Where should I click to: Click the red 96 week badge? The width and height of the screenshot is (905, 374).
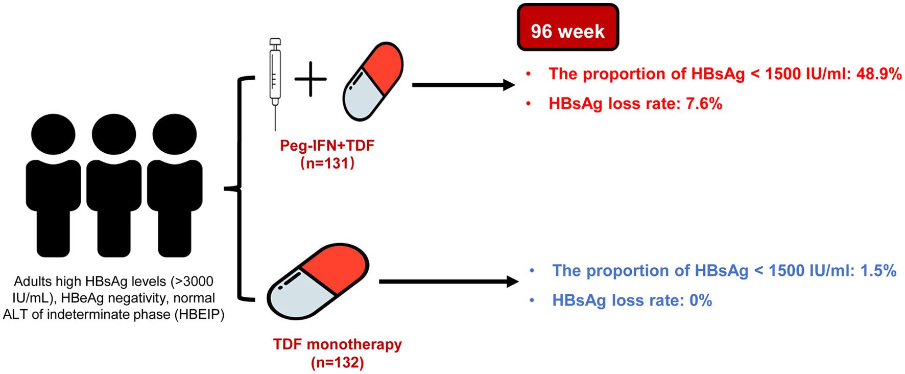pyautogui.click(x=567, y=27)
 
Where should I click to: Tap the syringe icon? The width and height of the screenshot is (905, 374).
pyautogui.click(x=275, y=84)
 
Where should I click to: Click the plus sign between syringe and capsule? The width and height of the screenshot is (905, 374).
pyautogui.click(x=311, y=80)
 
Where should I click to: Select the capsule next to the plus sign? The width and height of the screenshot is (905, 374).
pyautogui.click(x=372, y=82)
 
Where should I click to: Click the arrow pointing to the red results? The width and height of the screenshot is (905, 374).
pyautogui.click(x=464, y=85)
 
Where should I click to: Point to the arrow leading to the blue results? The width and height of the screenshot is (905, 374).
pyautogui.click(x=449, y=282)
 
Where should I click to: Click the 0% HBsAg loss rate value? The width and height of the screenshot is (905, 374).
pyautogui.click(x=701, y=300)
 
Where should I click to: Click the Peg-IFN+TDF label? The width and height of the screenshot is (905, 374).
pyautogui.click(x=327, y=146)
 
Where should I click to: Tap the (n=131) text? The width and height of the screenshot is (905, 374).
pyautogui.click(x=327, y=165)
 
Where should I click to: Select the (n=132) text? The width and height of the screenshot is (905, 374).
pyautogui.click(x=337, y=363)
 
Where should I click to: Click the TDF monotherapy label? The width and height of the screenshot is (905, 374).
pyautogui.click(x=338, y=344)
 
